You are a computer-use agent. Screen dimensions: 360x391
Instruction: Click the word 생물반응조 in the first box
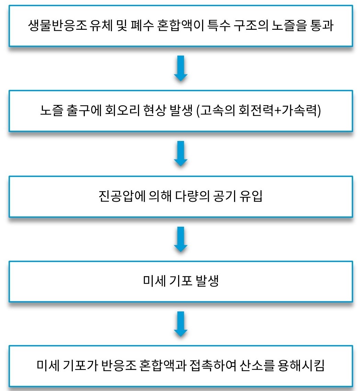[x=57, y=25]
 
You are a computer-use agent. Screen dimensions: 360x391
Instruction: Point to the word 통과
[x=322, y=25]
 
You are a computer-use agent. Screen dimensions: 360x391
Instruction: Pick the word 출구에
[x=84, y=110]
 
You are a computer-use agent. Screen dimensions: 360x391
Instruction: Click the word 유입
[x=251, y=196]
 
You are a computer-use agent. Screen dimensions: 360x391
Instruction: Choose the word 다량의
[x=192, y=196]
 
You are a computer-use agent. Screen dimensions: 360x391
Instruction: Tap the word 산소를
[x=257, y=366]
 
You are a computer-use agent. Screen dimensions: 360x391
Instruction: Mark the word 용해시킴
[x=301, y=366]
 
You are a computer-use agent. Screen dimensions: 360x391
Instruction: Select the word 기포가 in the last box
[x=80, y=366]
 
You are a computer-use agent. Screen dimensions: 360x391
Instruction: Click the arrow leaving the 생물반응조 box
[x=181, y=68]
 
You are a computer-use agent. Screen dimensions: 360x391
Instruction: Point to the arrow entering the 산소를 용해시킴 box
[x=181, y=324]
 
